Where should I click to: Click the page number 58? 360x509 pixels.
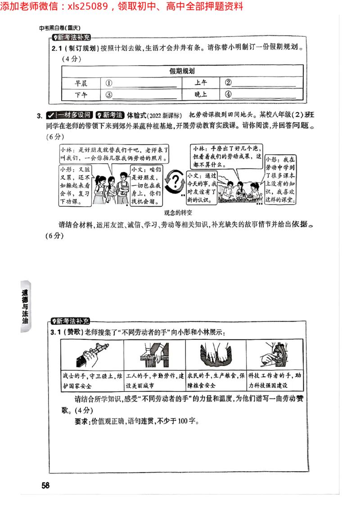45,485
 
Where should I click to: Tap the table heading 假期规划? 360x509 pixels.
182,71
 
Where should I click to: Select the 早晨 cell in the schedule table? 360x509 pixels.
81,83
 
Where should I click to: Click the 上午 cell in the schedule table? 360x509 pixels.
201,83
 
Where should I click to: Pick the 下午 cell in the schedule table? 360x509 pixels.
81,94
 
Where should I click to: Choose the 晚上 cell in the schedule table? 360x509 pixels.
201,94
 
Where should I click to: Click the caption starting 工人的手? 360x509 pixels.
154,380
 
